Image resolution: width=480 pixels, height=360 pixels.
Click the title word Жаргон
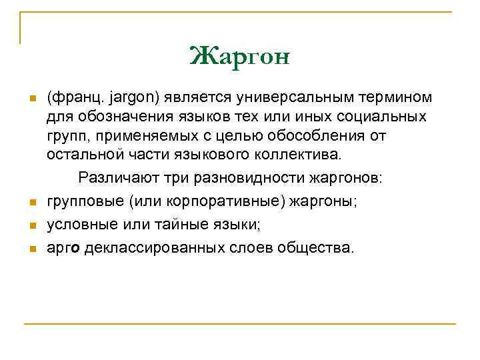(240, 57)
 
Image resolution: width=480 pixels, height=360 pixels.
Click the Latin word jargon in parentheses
(129, 98)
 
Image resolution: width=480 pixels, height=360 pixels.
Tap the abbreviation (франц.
(72, 98)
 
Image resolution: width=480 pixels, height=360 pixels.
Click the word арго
(64, 249)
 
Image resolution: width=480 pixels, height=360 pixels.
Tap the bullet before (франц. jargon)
(31, 99)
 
